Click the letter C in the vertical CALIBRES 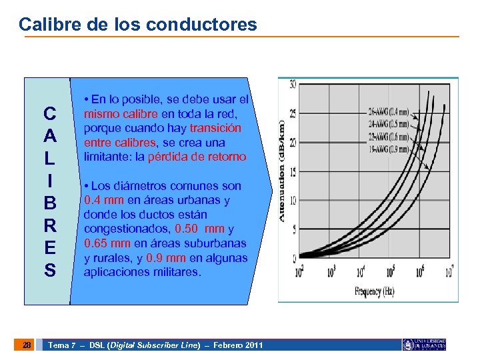click(49, 112)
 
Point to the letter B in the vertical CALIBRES click(49, 203)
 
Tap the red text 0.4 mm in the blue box click(103, 200)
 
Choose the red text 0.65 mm click(107, 243)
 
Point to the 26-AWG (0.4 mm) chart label click(389, 111)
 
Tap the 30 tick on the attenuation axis click(293, 85)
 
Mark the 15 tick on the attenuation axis click(293, 171)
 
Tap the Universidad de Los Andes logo click(424, 345)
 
